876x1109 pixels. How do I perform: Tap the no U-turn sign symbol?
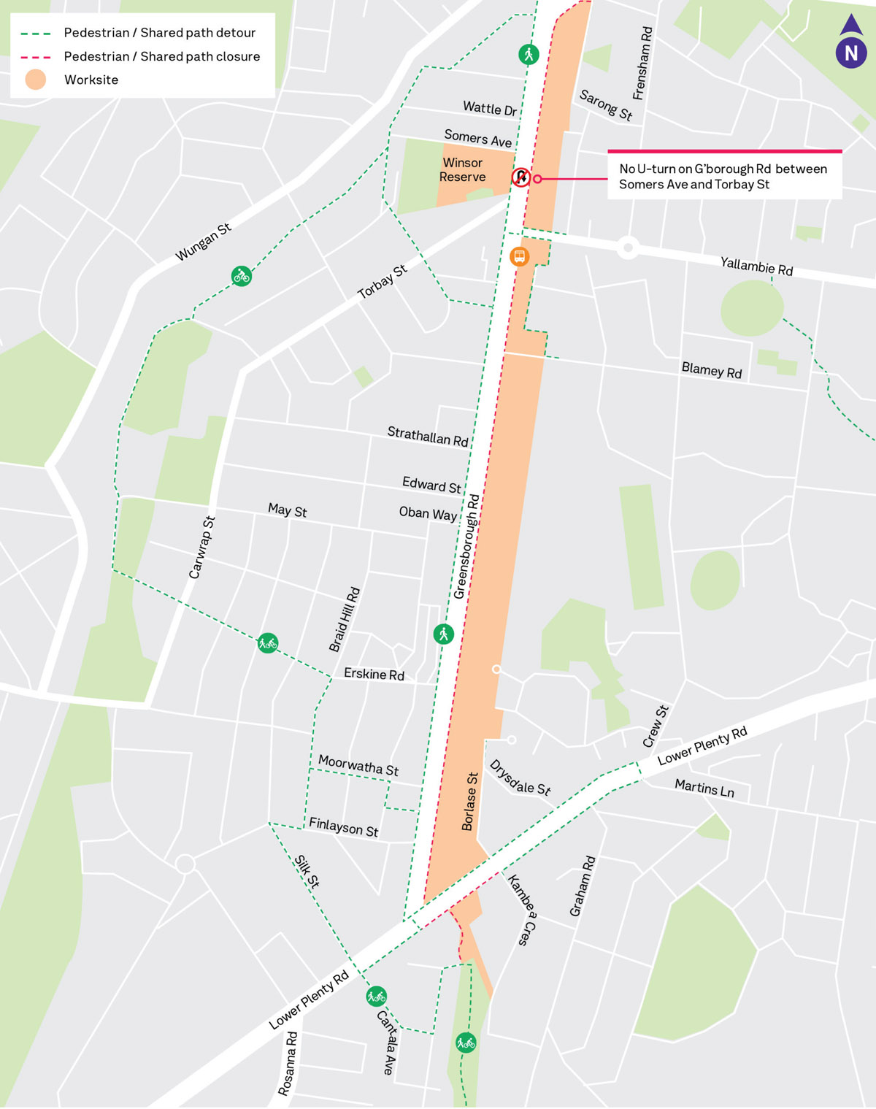[520, 177]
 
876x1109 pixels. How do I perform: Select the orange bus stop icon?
[519, 256]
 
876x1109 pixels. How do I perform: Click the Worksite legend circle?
[35, 80]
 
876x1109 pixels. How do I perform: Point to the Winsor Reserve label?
[462, 170]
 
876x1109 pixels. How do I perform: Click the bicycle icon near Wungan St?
[242, 276]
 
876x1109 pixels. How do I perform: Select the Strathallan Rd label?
[427, 437]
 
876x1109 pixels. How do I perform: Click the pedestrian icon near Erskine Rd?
[443, 634]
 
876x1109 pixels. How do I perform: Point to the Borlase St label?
[470, 802]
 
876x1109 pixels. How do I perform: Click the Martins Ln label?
[704, 788]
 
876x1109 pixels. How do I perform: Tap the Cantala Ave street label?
[387, 1042]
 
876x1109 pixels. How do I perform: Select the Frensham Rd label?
[642, 64]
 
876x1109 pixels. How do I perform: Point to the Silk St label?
[307, 871]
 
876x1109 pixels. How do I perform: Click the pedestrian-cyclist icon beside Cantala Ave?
[376, 997]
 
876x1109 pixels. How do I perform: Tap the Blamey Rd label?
[711, 370]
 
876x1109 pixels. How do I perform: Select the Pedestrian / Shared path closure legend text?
[161, 57]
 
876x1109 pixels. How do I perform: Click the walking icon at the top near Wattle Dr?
[529, 54]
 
